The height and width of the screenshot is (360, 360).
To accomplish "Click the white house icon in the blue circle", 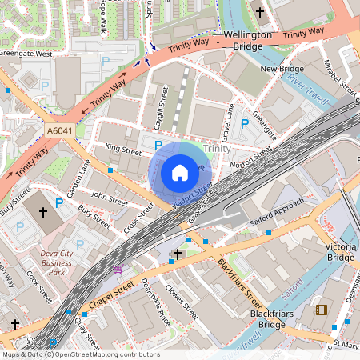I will (180, 172).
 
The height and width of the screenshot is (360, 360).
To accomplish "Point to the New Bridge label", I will (279, 70).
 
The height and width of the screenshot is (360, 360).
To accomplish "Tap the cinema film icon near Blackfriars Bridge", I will (322, 310).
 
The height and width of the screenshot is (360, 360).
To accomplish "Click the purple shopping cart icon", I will (118, 268).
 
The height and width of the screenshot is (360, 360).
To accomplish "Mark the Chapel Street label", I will (112, 292).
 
